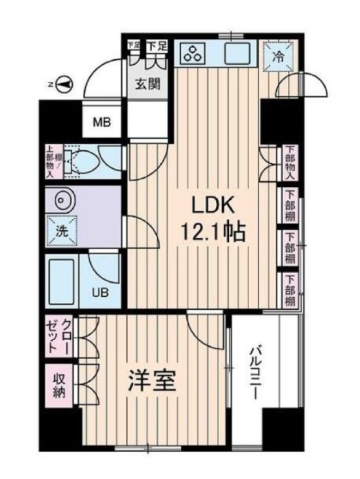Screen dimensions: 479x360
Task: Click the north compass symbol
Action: pos(64,84)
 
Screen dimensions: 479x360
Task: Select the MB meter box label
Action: pos(102,123)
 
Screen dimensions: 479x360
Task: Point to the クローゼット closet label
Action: pos(58,337)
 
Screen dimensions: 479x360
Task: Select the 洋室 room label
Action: pos(153,382)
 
